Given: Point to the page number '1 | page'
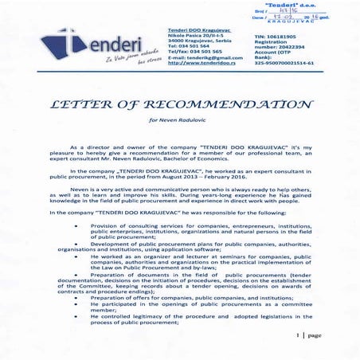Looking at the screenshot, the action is point(307,335).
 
